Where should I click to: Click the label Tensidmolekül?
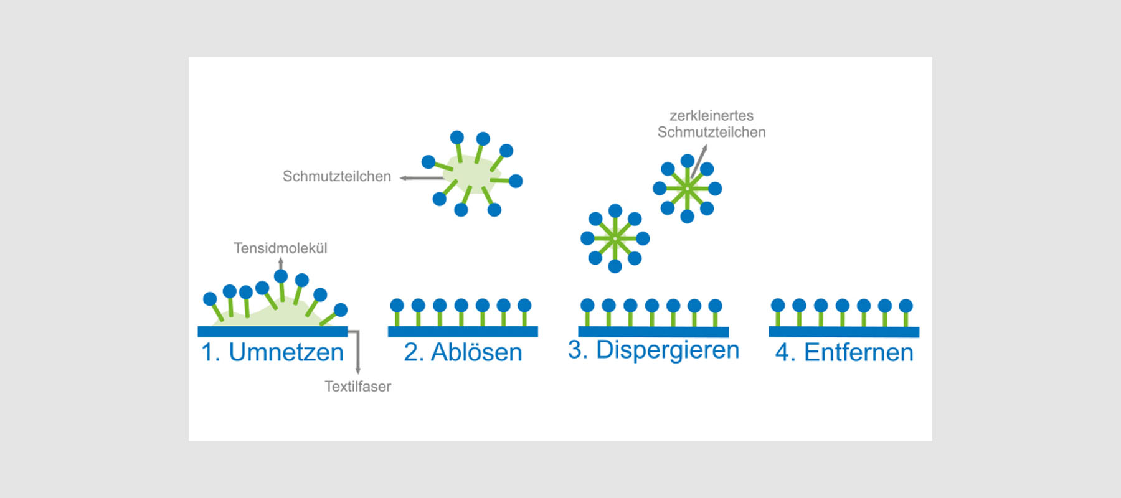[x=280, y=248]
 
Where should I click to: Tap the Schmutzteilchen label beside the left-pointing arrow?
[x=336, y=176]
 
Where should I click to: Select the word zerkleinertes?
[x=711, y=115]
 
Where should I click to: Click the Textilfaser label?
[x=357, y=386]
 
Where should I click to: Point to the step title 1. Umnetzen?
[x=272, y=352]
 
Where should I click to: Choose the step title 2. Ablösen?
[x=463, y=352]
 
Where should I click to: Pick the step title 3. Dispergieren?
[x=653, y=350]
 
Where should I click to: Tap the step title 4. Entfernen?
[x=844, y=352]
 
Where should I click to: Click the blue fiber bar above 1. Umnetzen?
[x=272, y=331]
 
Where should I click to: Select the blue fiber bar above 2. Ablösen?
[x=463, y=331]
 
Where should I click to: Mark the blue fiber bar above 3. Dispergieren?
[x=653, y=332]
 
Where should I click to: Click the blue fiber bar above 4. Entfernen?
[x=844, y=332]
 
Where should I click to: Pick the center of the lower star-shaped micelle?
[x=615, y=238]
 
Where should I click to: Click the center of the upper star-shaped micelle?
[x=687, y=188]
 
